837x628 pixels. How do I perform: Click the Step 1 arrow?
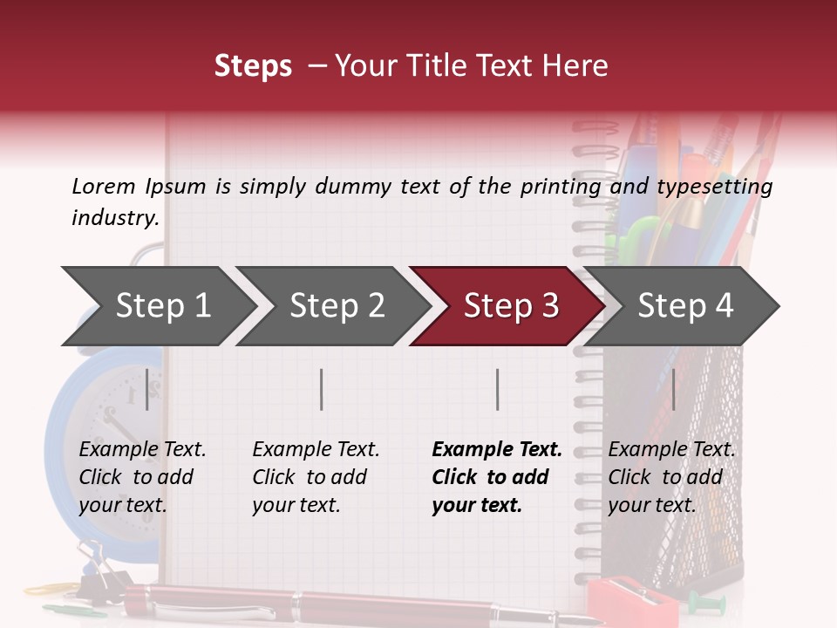tap(157, 306)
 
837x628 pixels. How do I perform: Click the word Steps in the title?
tap(253, 66)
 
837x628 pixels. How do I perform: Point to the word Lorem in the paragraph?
tap(104, 186)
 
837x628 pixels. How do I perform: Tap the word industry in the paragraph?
tap(114, 217)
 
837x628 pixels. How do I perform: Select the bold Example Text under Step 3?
tap(497, 450)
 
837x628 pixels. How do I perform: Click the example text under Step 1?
tap(141, 477)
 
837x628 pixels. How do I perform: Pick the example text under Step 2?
tap(315, 477)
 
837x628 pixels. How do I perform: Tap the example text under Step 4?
tap(670, 477)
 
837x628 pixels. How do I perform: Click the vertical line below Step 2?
tap(322, 389)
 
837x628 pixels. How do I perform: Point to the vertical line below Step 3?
tap(497, 389)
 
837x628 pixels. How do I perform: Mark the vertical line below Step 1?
tap(147, 389)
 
